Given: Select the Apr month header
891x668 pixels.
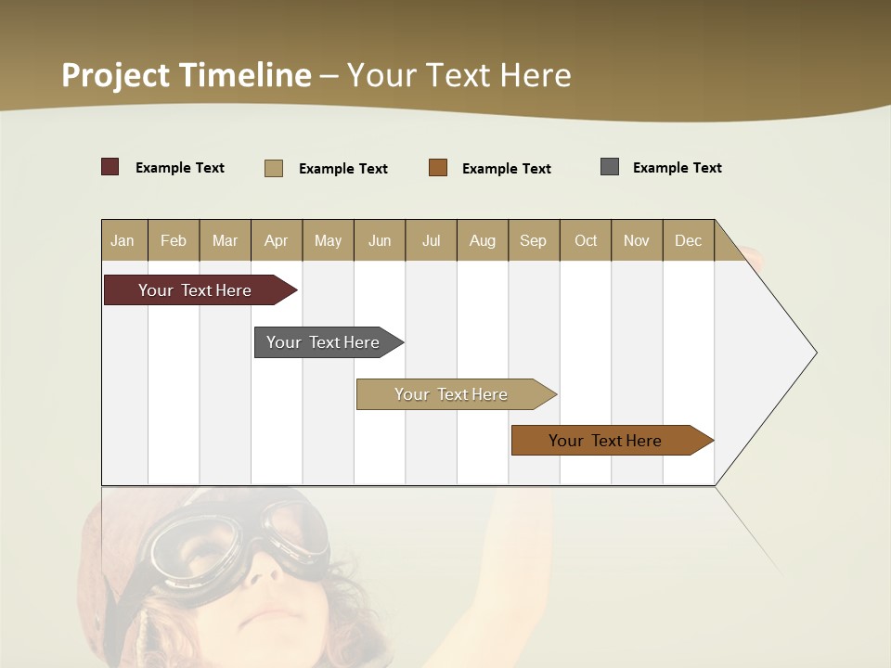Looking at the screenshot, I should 277,240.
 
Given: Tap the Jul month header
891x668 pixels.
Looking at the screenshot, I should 431,240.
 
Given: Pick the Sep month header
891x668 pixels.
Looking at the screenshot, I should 534,240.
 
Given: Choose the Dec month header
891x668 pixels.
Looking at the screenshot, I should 688,240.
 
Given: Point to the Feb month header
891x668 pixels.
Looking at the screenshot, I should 174,240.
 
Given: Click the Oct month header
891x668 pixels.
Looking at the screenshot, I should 586,240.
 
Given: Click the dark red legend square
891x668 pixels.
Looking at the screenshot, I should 110,167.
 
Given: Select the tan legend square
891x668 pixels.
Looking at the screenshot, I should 274,168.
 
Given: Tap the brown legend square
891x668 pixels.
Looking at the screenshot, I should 438,168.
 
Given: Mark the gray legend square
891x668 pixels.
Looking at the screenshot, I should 610,167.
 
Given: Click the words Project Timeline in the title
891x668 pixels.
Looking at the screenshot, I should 187,75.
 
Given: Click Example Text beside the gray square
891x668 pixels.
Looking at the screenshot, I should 677,168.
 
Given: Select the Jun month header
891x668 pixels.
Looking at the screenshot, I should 380,240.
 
